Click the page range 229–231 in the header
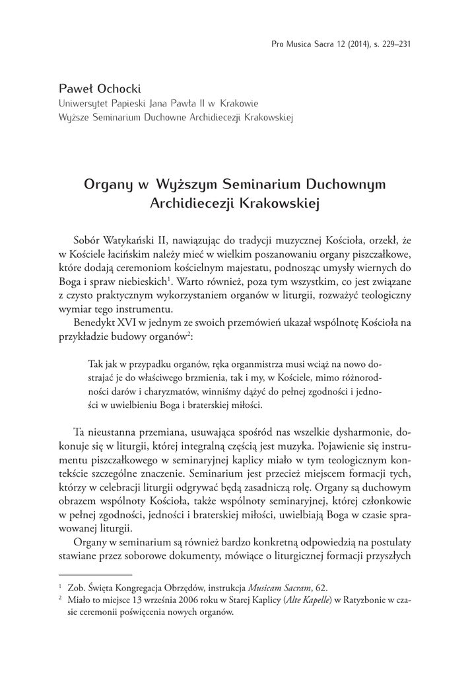point(395,44)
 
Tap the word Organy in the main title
point(107,183)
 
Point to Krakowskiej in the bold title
point(283,203)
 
